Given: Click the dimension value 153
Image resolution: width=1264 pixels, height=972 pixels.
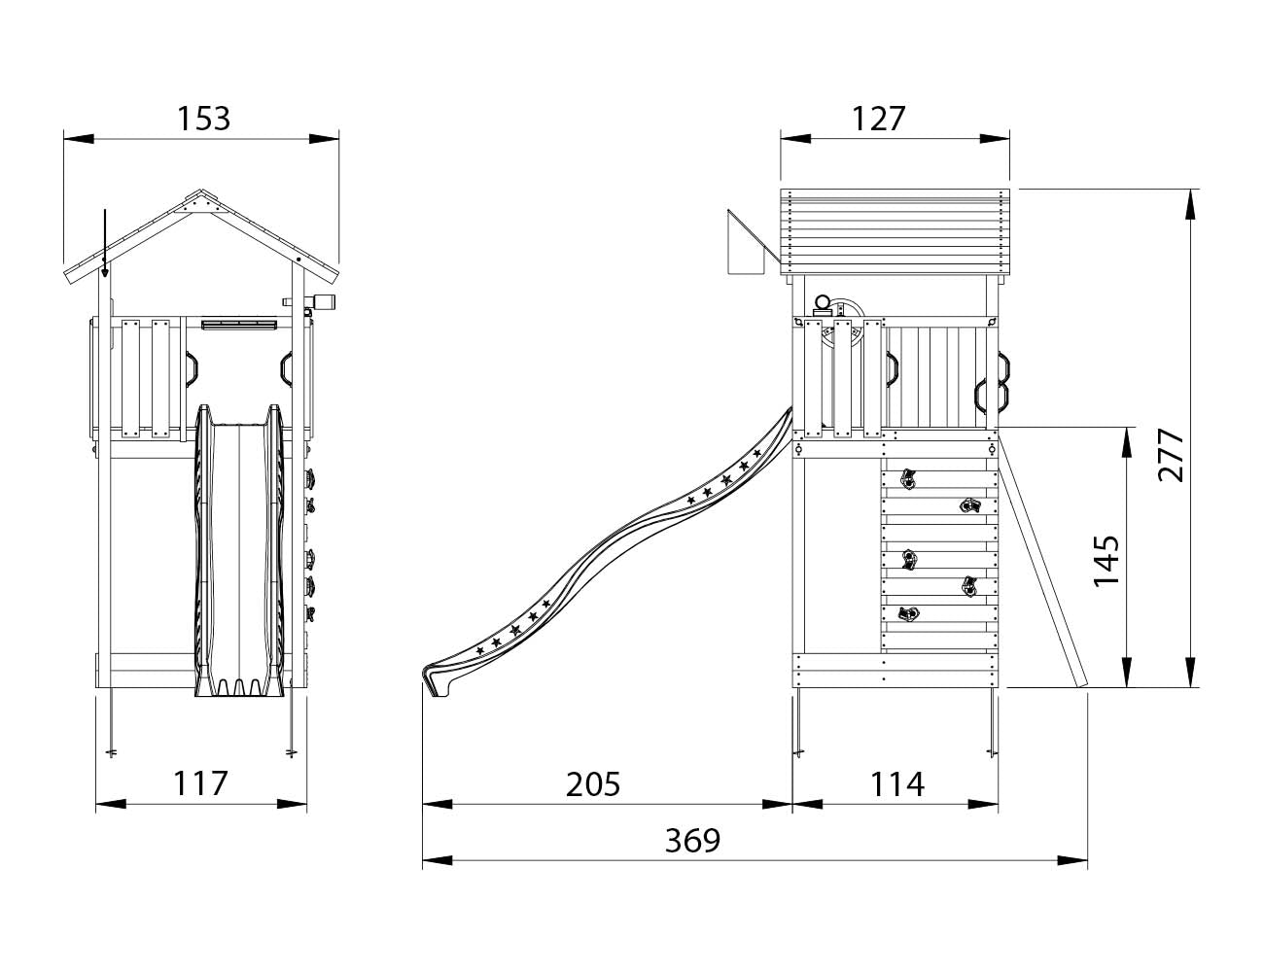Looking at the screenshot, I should click(204, 119).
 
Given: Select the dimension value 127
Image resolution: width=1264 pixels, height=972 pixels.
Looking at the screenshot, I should click(879, 119).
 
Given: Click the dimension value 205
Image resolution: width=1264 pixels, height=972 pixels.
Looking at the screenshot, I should click(593, 783).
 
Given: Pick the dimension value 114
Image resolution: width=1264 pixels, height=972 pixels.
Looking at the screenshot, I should click(896, 783).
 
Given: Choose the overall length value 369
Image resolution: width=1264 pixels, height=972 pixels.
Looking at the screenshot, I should click(692, 840).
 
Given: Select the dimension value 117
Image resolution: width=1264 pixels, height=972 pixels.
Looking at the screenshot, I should click(200, 783).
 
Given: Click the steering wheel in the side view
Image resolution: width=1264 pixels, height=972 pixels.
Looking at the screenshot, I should click(842, 326).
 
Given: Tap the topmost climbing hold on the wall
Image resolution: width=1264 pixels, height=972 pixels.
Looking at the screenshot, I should click(908, 478).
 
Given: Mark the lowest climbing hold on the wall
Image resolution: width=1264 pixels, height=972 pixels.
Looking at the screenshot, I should click(908, 614).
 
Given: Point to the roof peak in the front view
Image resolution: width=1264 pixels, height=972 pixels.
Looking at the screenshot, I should click(202, 193).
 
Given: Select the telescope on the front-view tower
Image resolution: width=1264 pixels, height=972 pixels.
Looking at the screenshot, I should click(319, 301).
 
